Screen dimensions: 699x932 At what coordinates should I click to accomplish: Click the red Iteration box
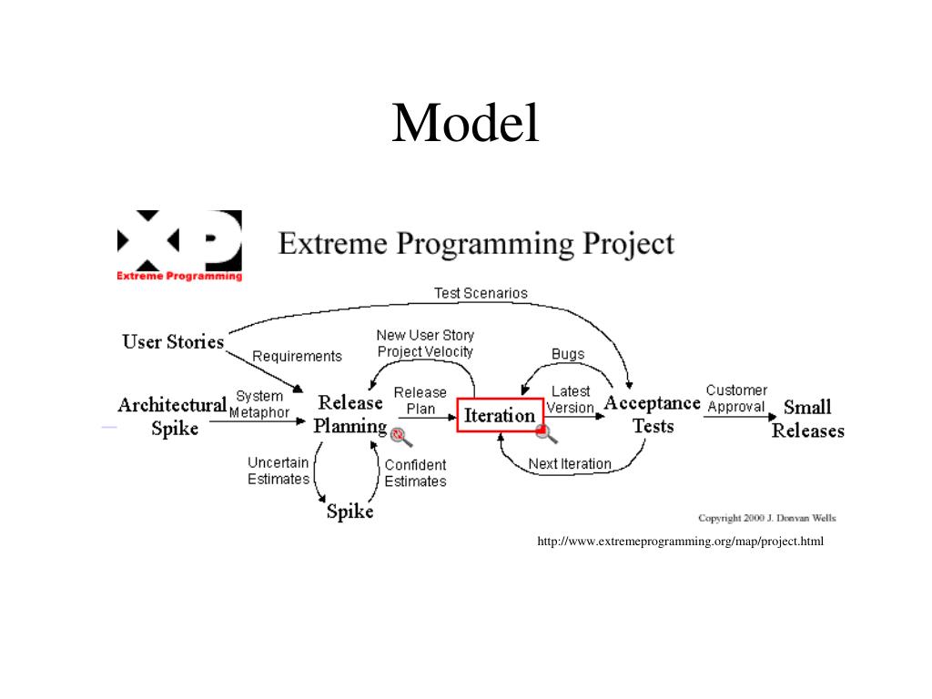point(500,416)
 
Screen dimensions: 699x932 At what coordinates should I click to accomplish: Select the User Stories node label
point(173,342)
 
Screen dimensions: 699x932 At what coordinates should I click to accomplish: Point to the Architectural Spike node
point(172,417)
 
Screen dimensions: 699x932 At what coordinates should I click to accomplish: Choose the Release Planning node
point(350,414)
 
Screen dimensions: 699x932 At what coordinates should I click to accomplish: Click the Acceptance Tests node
point(653,414)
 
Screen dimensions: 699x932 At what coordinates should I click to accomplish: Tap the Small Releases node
point(807,419)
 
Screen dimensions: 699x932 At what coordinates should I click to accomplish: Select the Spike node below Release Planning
point(349,512)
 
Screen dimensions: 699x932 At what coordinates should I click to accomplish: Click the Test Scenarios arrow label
point(481,293)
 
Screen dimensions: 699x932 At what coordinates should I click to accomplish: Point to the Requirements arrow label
point(297,357)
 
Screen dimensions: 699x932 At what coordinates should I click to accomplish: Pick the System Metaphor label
point(259,404)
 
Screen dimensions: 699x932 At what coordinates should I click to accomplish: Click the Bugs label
point(568,354)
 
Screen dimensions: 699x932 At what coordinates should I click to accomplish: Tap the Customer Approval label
point(736,399)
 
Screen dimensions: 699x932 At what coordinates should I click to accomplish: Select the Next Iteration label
point(570,464)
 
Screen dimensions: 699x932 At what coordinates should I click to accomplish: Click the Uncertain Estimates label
point(279,471)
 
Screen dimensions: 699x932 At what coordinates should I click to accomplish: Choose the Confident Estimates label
point(415,472)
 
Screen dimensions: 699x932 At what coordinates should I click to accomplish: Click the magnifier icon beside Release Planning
point(400,437)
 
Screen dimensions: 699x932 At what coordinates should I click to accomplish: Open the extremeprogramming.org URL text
point(680,542)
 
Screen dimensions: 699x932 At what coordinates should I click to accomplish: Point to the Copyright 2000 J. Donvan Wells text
point(766,518)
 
